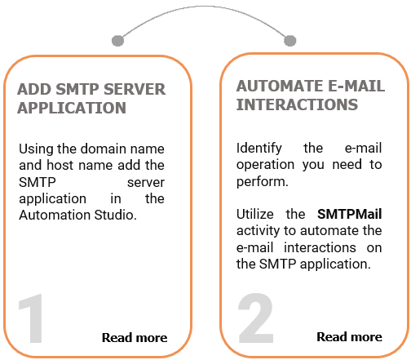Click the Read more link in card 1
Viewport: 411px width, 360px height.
pos(134,337)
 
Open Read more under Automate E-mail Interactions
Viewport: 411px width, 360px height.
pos(349,336)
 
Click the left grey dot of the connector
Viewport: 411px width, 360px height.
pos(117,39)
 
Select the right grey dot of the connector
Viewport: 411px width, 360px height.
pos(287,39)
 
